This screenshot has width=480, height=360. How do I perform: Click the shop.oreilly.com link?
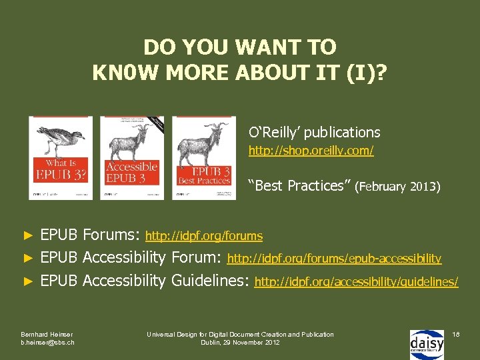[x=311, y=151]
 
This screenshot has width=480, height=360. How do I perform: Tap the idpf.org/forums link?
[x=204, y=236]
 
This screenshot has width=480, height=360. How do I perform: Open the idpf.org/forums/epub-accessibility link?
[x=334, y=258]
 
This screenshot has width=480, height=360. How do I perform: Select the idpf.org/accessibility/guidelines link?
[x=356, y=282]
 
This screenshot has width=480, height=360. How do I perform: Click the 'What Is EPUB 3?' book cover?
[x=61, y=157]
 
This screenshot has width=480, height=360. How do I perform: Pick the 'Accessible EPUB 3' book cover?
[x=131, y=157]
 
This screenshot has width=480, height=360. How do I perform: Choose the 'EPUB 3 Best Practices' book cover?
[x=204, y=157]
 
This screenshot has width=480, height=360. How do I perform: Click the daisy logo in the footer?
[x=427, y=343]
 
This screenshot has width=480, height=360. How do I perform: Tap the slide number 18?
[x=456, y=333]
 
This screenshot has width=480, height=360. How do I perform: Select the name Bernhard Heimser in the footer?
[x=47, y=334]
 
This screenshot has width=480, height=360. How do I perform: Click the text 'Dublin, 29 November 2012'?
[x=240, y=343]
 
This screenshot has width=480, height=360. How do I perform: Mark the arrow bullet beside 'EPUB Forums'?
[x=28, y=235]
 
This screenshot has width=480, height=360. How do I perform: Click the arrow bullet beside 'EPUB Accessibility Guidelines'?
[x=28, y=281]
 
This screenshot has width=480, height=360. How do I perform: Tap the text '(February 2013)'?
[x=398, y=187]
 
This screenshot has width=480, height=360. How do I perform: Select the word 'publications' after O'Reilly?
[x=341, y=132]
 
